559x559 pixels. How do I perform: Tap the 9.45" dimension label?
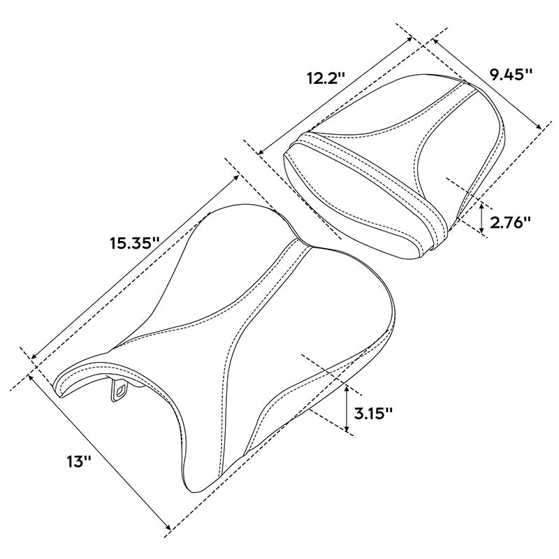coord(511,74)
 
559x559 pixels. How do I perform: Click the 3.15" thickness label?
coord(373,412)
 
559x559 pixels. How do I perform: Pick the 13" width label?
coord(79,461)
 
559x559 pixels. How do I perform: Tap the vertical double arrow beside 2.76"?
coord(481,216)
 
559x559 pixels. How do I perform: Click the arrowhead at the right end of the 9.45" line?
coord(539,127)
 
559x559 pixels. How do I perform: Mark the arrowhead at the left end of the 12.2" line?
coord(260,151)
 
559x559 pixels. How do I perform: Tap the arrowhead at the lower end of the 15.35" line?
coord(34,358)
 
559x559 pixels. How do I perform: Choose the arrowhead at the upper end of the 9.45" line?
coord(435,41)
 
